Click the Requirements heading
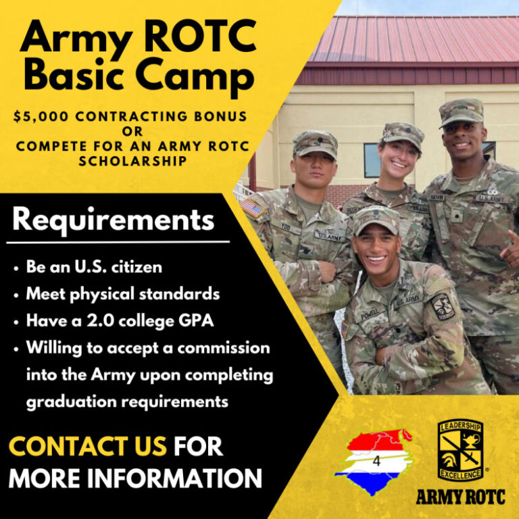113,220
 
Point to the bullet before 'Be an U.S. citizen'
16,268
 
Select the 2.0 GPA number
87,321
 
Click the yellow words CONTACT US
87,446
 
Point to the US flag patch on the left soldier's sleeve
252,207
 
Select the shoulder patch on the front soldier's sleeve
443,306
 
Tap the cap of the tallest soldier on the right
461,112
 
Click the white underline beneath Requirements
118,241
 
